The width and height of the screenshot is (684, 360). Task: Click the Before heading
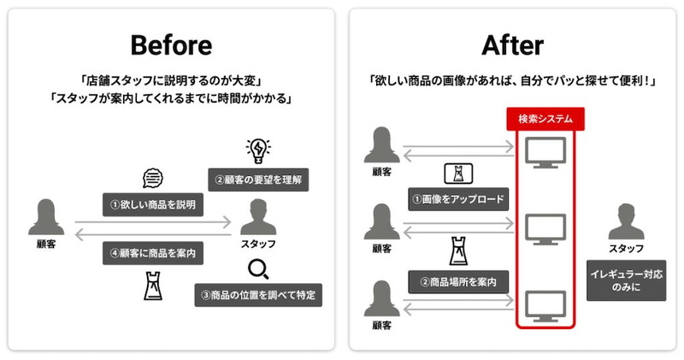pyautogui.click(x=172, y=45)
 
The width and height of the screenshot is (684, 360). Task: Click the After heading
pyautogui.click(x=512, y=45)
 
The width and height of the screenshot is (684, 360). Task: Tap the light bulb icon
pyautogui.click(x=258, y=151)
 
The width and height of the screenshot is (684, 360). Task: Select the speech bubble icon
pyautogui.click(x=153, y=179)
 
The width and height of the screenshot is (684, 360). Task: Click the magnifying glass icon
pyautogui.click(x=258, y=269)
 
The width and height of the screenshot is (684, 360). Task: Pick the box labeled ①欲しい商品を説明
pyautogui.click(x=153, y=204)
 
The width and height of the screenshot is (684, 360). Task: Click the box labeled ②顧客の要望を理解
pyautogui.click(x=258, y=180)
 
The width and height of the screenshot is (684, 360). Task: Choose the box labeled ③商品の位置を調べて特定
pyautogui.click(x=258, y=295)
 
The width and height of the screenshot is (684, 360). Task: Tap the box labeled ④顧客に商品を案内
pyautogui.click(x=153, y=253)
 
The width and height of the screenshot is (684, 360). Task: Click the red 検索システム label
pyautogui.click(x=545, y=119)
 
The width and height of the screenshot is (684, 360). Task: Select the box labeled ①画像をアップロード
pyautogui.click(x=458, y=199)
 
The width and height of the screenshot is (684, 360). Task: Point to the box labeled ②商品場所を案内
pyautogui.click(x=458, y=282)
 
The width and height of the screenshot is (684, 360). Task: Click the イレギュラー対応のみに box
pyautogui.click(x=627, y=280)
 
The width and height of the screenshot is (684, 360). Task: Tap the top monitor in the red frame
pyautogui.click(x=545, y=153)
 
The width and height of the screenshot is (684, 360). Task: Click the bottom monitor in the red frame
pyautogui.click(x=545, y=306)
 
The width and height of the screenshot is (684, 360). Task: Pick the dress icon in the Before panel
pyautogui.click(x=153, y=286)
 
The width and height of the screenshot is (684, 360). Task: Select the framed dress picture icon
pyautogui.click(x=458, y=174)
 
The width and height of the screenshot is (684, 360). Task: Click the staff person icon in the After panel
pyautogui.click(x=627, y=221)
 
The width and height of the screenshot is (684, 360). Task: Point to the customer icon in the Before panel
pyautogui.click(x=46, y=217)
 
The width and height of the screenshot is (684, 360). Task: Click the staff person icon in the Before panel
pyautogui.click(x=258, y=217)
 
